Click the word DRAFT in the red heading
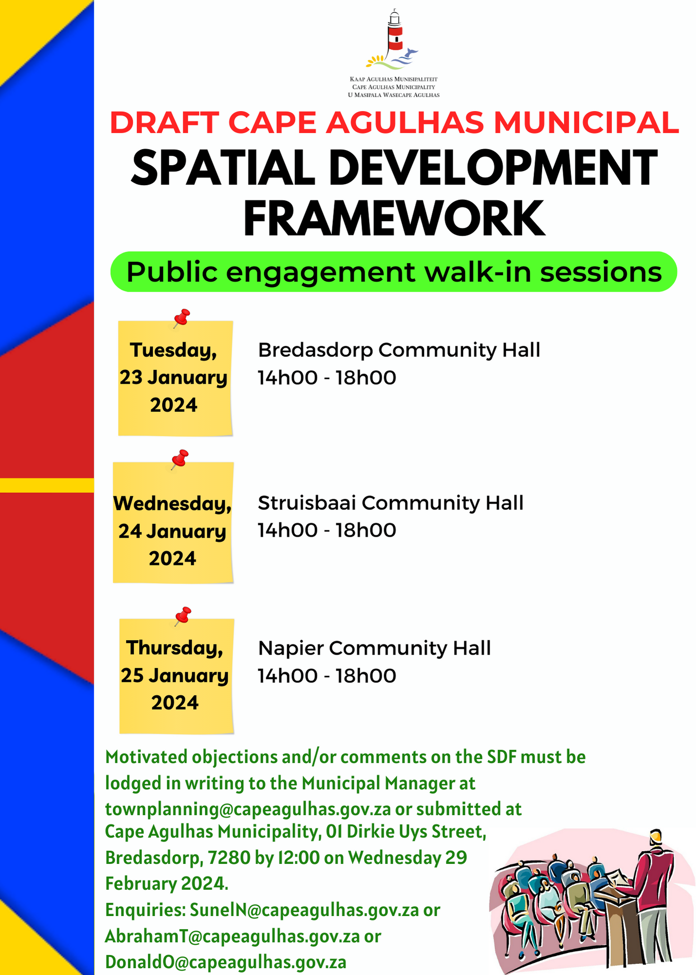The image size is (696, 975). [x=165, y=122]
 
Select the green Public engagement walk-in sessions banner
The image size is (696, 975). [x=394, y=272]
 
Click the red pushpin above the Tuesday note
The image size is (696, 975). [x=182, y=318]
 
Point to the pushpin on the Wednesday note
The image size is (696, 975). [x=180, y=459]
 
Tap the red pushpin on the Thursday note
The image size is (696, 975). [x=183, y=616]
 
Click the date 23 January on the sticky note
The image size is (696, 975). [x=174, y=378]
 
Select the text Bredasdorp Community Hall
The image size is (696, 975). [x=399, y=350]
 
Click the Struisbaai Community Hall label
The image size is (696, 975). [x=390, y=503]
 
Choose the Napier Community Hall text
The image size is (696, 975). [x=374, y=648]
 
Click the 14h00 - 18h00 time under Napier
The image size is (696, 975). [x=327, y=676]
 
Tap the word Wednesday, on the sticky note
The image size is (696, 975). [x=173, y=504]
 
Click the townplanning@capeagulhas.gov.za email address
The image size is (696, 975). [x=248, y=809]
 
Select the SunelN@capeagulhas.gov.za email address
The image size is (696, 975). [x=304, y=910]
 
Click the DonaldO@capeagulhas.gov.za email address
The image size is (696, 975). [x=226, y=962]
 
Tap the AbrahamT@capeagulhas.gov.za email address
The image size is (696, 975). [x=232, y=936]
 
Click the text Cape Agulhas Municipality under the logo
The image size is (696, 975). [x=393, y=87]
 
